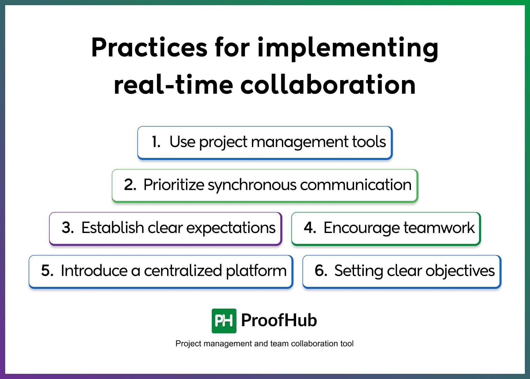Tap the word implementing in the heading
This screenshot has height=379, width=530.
click(x=348, y=48)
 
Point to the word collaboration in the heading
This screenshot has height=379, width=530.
click(x=328, y=85)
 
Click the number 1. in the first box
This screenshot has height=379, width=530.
click(x=156, y=142)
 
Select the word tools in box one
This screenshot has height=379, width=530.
click(x=369, y=142)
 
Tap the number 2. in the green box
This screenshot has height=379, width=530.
click(x=130, y=185)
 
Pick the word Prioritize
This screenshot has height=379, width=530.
click(x=174, y=185)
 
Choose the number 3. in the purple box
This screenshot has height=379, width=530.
click(x=68, y=228)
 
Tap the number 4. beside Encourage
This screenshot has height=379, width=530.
click(x=310, y=228)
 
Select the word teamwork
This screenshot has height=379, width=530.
click(x=439, y=228)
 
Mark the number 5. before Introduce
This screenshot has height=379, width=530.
click(x=47, y=271)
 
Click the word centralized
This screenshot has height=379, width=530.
click(x=183, y=271)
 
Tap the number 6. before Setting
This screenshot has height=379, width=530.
click(x=321, y=271)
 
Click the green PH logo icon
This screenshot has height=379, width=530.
click(x=224, y=321)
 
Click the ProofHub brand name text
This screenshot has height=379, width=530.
click(x=279, y=320)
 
